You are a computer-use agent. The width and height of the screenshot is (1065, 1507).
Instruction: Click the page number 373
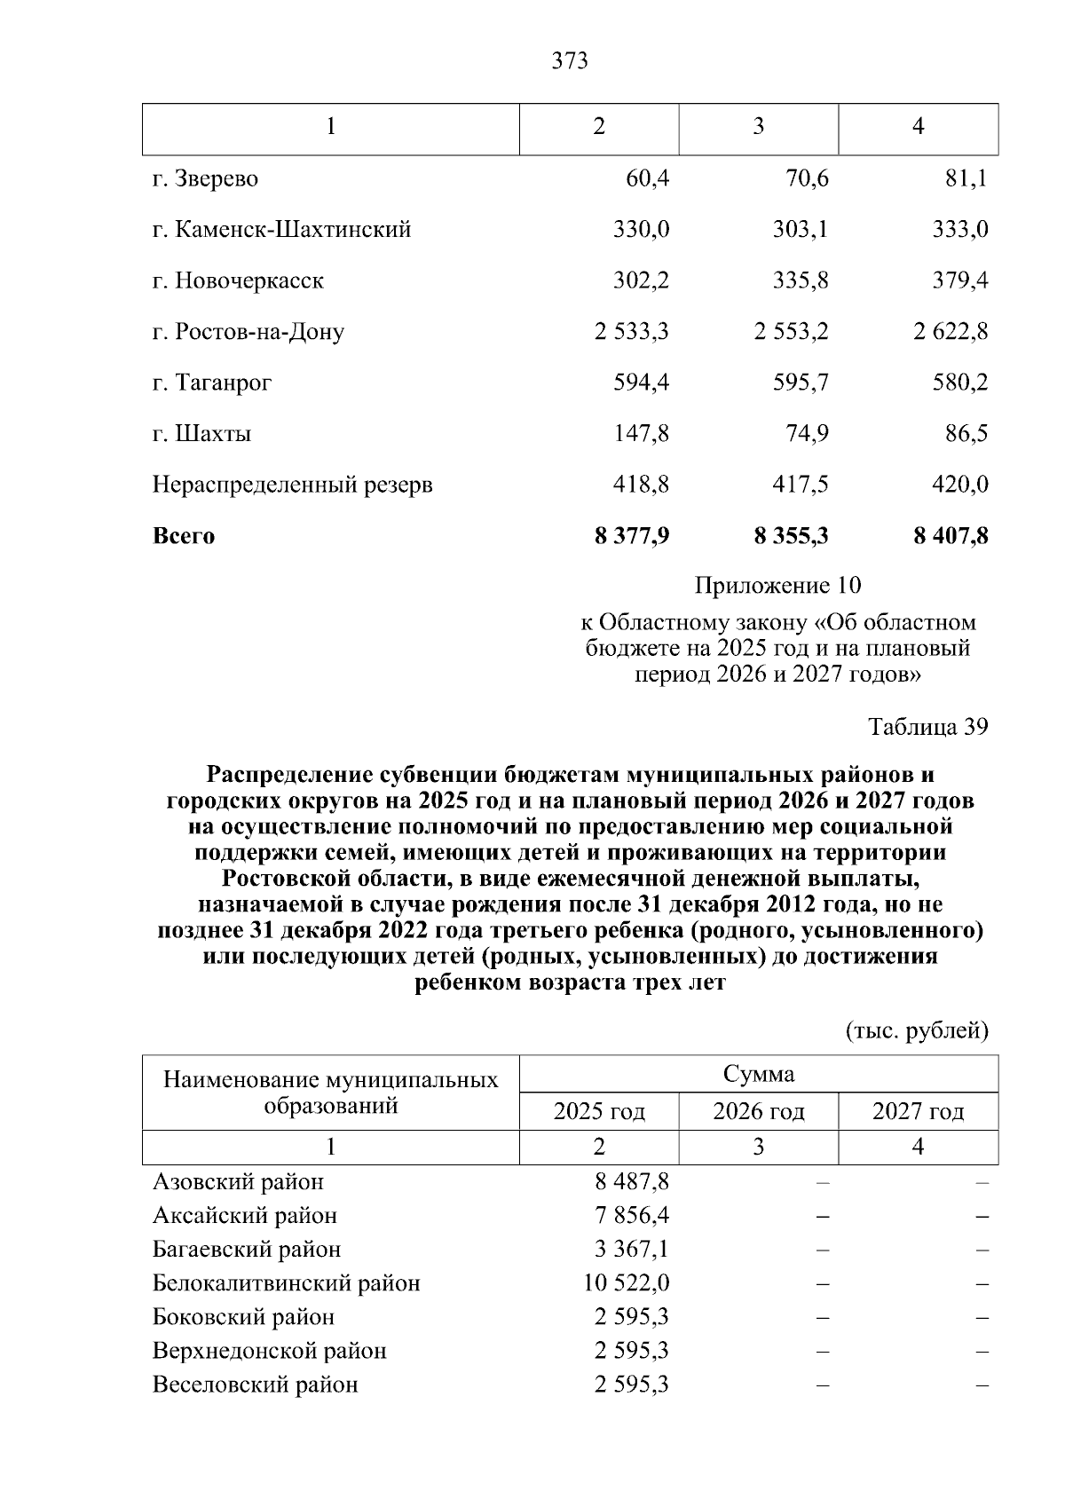569,61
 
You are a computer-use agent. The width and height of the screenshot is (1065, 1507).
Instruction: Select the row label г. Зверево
205,179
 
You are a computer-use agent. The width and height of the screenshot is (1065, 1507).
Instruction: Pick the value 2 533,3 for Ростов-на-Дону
632,332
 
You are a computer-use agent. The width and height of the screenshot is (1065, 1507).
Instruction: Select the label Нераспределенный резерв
293,485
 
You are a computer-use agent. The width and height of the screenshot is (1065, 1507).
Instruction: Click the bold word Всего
184,536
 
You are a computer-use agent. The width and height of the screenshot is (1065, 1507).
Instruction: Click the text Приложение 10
777,586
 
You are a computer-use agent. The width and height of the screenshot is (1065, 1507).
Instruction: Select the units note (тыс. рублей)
916,1031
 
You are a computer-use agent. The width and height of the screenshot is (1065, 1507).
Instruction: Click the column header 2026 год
758,1112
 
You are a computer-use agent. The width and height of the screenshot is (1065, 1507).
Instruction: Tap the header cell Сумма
758,1075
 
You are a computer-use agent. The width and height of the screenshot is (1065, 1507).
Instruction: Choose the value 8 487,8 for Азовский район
632,1182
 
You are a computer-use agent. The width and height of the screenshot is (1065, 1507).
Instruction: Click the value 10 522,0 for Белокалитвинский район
627,1283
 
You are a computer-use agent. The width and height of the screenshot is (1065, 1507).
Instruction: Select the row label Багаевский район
247,1250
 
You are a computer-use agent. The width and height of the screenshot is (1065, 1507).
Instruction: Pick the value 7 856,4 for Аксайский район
632,1216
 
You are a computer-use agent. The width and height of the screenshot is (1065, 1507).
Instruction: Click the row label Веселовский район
256,1385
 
